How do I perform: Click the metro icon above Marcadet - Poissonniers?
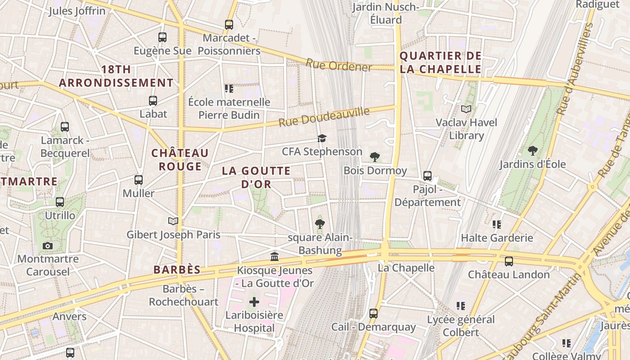point(229,25)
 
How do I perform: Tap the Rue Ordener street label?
point(339,65)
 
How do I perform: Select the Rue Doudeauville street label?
point(324,117)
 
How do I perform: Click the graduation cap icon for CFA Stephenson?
point(322,138)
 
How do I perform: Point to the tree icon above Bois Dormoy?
point(374,157)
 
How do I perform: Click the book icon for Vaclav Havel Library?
point(466,109)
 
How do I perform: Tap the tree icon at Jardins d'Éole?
point(533,150)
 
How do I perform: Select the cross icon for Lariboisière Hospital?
point(254,302)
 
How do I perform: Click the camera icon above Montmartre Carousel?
point(48,246)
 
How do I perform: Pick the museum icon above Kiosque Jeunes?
point(274,257)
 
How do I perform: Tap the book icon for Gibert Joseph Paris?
point(173,221)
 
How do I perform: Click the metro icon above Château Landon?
point(509,261)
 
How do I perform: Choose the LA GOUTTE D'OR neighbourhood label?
point(256,177)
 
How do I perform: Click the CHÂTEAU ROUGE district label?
point(180,160)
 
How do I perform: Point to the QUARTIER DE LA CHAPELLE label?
point(441,63)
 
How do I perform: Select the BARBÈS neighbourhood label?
point(177,270)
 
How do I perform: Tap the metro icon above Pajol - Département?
point(427,176)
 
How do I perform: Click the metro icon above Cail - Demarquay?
point(373,313)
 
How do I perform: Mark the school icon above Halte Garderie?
point(497,224)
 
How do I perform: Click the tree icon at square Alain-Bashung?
point(320,224)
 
